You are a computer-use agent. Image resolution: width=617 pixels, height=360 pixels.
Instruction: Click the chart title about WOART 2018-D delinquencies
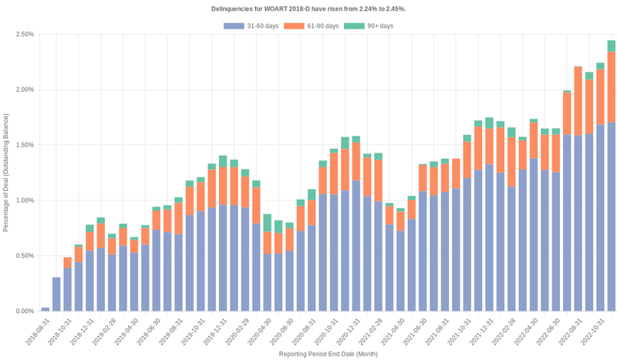tap(308, 8)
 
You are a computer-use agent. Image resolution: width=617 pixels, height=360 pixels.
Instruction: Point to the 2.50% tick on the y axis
tap(24, 35)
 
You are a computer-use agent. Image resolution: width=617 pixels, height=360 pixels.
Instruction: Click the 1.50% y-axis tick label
tap(24, 145)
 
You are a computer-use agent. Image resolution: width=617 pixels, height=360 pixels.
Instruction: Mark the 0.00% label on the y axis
tap(24, 311)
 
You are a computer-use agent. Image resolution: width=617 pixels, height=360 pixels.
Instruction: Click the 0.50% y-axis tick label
tap(24, 256)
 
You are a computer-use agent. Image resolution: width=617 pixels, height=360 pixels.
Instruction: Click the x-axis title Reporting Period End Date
tap(328, 354)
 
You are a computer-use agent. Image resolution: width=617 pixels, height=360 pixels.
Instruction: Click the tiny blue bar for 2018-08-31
tap(46, 309)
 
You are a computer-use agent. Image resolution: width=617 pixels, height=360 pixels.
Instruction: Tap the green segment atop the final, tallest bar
tap(612, 45)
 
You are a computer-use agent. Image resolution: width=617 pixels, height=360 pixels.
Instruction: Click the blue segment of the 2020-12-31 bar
tap(356, 247)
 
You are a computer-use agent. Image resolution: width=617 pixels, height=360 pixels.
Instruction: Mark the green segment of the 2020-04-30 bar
tap(267, 223)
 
